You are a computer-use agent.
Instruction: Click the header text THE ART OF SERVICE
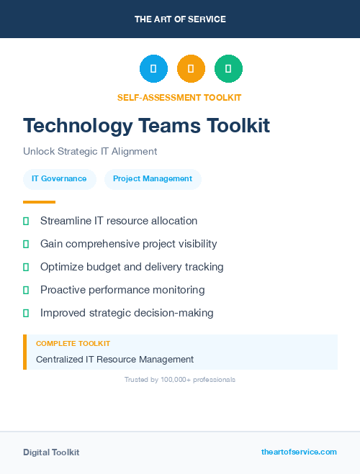(180, 19)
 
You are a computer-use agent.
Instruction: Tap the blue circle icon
(153, 68)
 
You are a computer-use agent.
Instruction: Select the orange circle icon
(191, 68)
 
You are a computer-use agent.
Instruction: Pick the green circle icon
(228, 68)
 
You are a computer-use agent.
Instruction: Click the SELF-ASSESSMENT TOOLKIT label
(179, 97)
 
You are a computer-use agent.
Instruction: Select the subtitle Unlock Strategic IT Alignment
(90, 152)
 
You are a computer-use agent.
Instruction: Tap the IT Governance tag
(59, 179)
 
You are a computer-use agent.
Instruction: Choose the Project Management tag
(153, 179)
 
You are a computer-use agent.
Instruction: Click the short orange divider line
(39, 202)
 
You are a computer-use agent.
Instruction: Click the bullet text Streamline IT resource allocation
(119, 221)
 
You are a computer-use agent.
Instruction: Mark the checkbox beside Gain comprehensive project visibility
(26, 244)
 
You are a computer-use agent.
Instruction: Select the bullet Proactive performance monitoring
(122, 290)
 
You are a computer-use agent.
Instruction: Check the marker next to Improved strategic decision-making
(26, 313)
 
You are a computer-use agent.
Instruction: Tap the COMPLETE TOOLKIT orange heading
(73, 344)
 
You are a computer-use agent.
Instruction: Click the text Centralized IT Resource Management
(115, 359)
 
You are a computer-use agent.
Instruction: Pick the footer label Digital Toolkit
(51, 452)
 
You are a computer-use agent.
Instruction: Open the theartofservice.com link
(299, 452)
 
